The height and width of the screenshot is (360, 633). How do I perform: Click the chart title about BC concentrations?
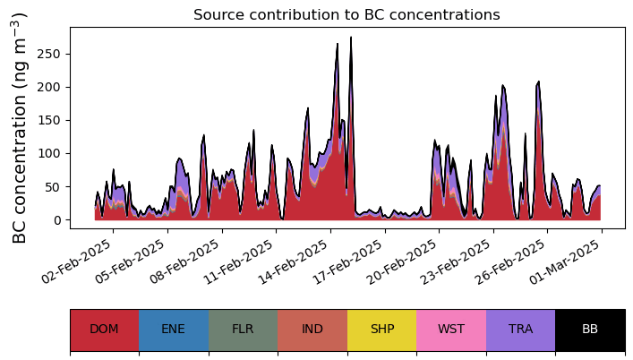click(346, 14)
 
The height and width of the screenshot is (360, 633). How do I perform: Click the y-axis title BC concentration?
click(21, 128)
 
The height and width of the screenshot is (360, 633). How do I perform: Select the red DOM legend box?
click(104, 330)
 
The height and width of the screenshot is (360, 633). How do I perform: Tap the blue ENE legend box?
click(174, 330)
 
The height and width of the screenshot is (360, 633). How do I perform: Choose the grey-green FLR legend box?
click(243, 330)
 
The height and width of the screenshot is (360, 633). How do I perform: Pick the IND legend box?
click(312, 330)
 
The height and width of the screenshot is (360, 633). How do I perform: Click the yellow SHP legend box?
click(381, 330)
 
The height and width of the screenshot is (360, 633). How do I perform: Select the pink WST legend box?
click(451, 330)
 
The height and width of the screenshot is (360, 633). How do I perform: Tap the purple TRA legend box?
click(520, 330)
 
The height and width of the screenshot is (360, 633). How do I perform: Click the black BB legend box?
click(590, 330)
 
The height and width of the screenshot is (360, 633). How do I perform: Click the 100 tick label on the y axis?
click(51, 153)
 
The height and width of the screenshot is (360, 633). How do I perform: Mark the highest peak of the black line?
click(351, 38)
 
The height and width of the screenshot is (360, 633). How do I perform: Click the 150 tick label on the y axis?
click(51, 120)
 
